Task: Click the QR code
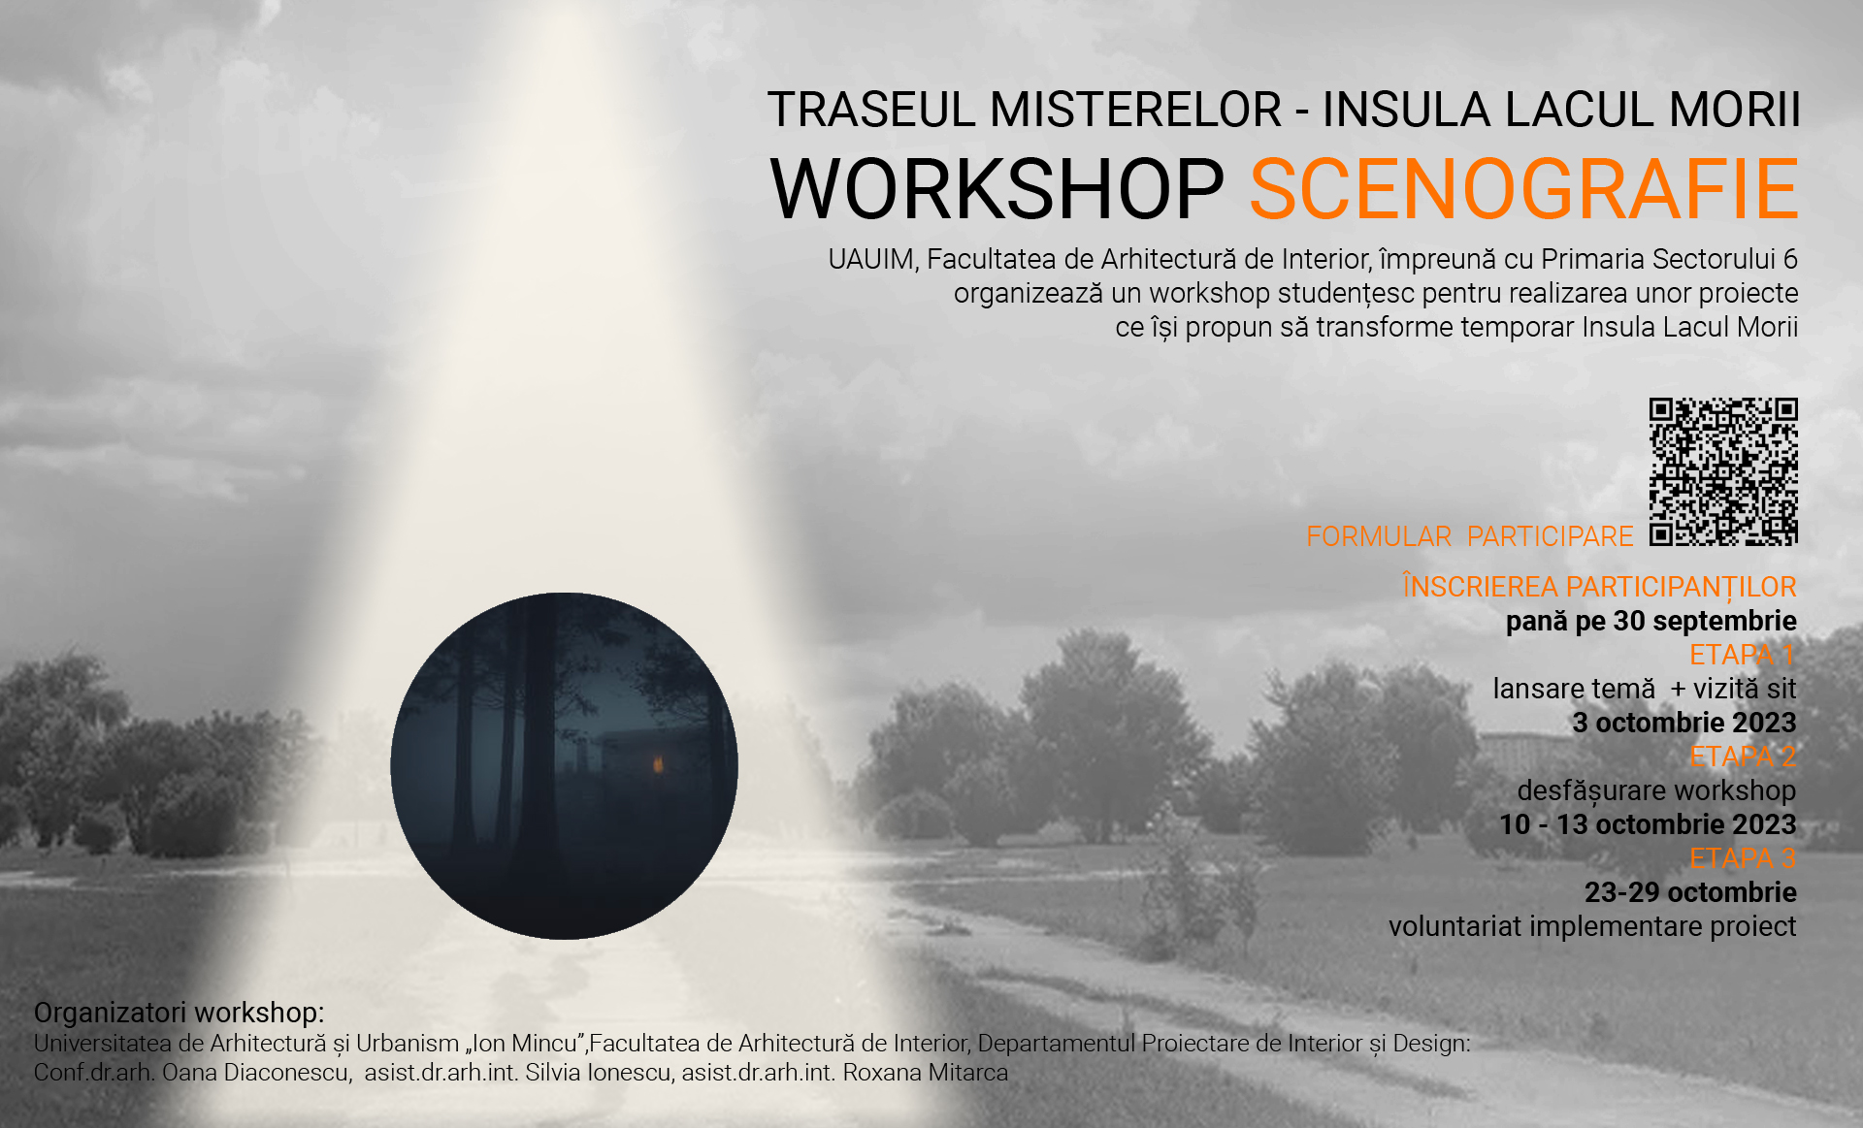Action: point(1723,471)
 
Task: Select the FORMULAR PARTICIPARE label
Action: point(1470,536)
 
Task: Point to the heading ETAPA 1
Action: point(1743,655)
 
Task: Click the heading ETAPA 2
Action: point(1743,757)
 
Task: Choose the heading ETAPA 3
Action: point(1743,858)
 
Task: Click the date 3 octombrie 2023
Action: point(1684,723)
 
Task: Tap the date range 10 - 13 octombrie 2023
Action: point(1648,824)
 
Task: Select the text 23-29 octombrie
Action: point(1690,892)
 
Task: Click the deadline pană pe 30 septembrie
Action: point(1651,622)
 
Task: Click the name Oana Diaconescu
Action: point(256,1073)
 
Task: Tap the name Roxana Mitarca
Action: point(926,1073)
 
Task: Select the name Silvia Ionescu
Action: point(598,1073)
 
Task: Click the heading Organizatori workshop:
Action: point(180,1013)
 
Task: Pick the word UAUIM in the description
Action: point(873,260)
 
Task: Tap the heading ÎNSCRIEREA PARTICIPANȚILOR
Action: point(1600,587)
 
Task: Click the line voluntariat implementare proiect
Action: point(1592,926)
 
